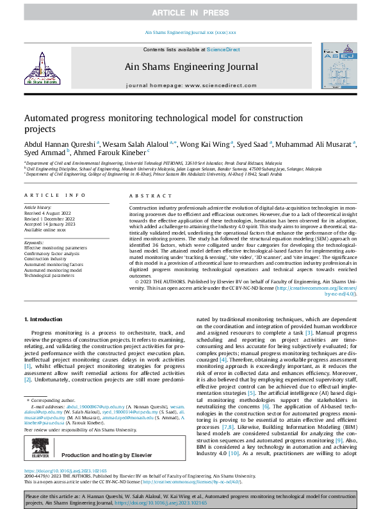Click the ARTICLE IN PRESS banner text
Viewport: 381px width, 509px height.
coord(190,13)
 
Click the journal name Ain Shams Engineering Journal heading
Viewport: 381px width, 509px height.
coord(190,65)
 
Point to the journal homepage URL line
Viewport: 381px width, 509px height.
coord(190,85)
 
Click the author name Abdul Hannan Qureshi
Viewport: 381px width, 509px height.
coord(59,144)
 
